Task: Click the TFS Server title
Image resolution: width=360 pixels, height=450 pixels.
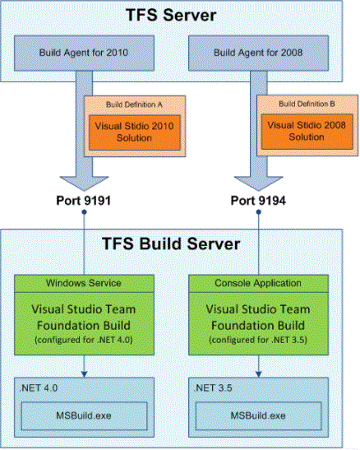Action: pos(171,15)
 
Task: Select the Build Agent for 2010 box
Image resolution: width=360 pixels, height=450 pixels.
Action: pos(84,53)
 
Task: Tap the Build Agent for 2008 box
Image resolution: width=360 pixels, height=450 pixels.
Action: pos(258,53)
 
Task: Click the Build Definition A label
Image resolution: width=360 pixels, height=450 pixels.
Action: pos(134,104)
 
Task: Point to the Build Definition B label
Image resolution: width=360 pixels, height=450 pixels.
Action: pos(307,104)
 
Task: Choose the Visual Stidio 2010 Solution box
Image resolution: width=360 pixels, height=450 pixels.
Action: pos(135,132)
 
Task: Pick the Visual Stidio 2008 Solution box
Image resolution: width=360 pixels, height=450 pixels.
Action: pos(307,132)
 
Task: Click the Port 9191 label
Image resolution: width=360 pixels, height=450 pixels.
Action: pos(83,200)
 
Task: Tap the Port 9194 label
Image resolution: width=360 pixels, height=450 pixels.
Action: pos(258,200)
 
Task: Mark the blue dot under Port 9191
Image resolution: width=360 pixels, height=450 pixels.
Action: pos(84,212)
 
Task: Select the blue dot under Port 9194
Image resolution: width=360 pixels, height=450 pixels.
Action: pos(259,212)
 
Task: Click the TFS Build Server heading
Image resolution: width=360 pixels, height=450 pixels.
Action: pos(171,244)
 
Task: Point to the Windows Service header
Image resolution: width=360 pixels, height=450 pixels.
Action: pos(84,284)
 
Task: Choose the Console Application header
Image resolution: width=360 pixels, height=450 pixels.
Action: pos(258,284)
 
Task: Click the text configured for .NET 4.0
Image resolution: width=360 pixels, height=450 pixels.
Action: pos(84,340)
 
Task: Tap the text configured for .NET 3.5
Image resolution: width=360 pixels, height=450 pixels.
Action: pos(258,340)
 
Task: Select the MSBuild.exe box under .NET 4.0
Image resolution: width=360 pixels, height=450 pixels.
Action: pos(84,415)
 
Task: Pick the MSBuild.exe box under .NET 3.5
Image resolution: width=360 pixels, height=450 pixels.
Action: pos(258,415)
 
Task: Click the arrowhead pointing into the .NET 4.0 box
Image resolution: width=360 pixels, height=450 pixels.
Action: pos(84,374)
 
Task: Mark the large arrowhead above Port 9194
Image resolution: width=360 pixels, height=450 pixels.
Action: pos(259,183)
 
